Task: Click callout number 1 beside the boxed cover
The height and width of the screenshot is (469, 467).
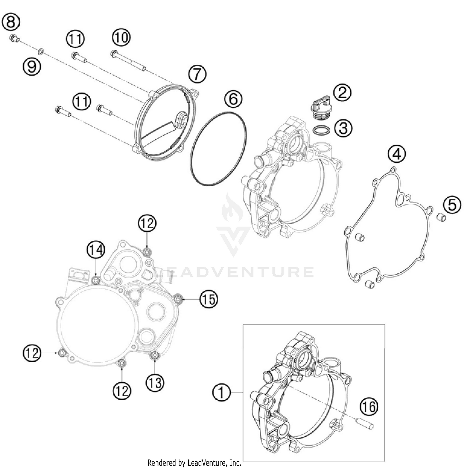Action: pos(221,393)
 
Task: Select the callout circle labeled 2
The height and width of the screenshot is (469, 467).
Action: pos(342,92)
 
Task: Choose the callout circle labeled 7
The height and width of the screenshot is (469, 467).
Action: pos(197,75)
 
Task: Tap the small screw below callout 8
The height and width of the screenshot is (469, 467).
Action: pos(14,39)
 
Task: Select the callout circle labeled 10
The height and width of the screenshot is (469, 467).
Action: pos(121,38)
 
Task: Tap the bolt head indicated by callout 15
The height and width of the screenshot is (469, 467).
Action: pos(178,299)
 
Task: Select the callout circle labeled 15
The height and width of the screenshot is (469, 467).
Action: pos(209,299)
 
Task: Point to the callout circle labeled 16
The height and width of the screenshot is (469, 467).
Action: pos(369,407)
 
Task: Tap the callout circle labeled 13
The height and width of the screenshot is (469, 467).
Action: pos(155,383)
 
